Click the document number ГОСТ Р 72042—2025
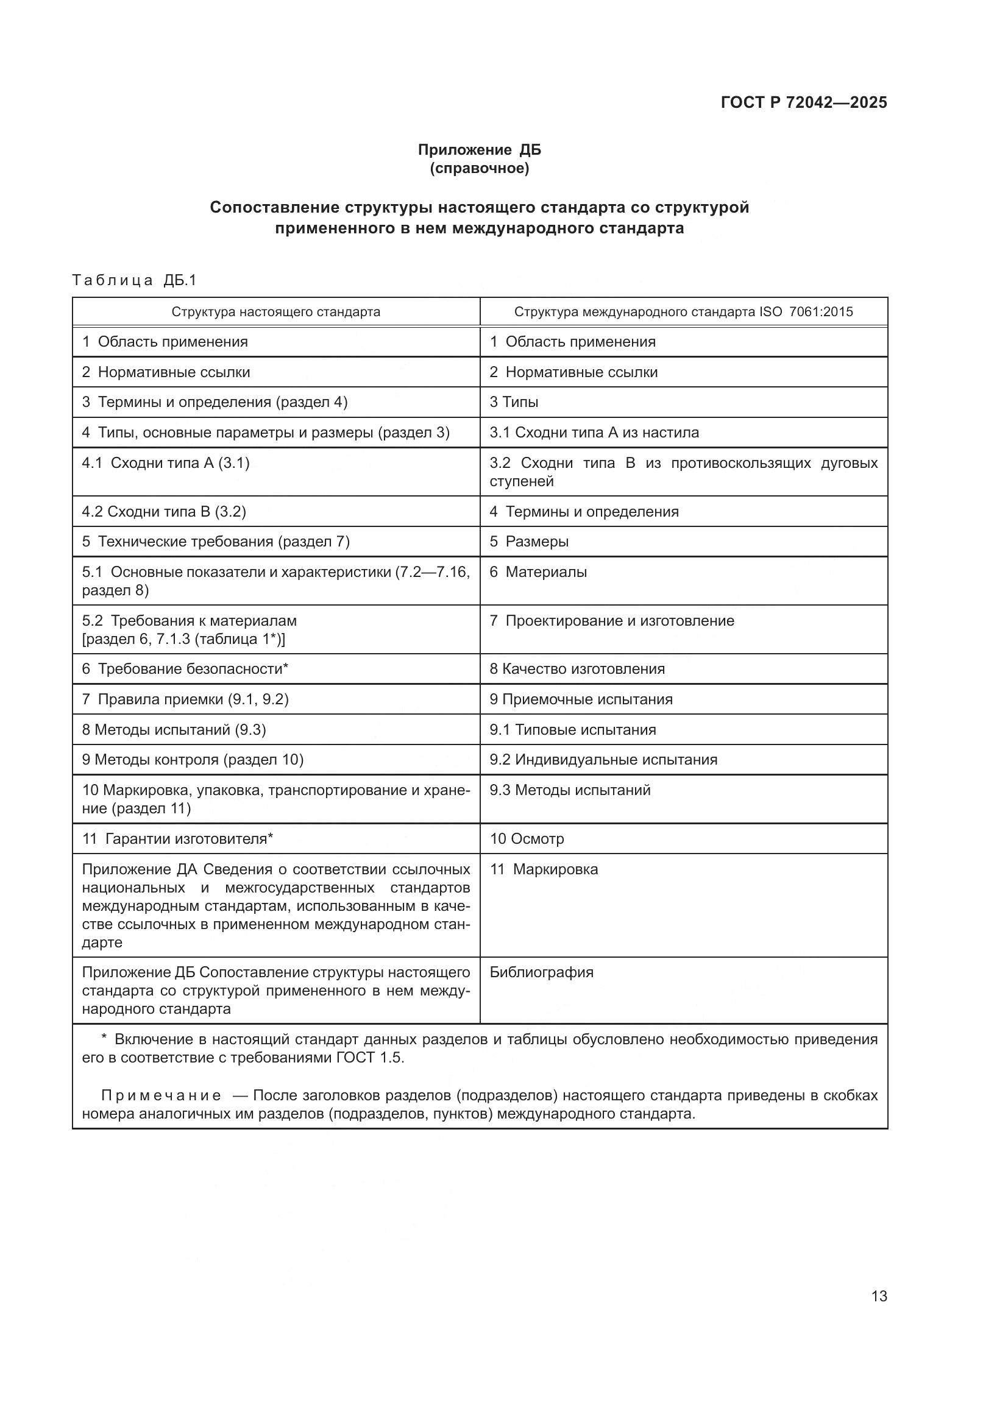coord(804,102)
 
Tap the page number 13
coord(879,1296)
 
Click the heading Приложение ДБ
coord(479,150)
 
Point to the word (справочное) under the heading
coord(479,168)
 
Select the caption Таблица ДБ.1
coord(134,280)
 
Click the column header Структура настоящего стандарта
coord(275,311)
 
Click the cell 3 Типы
coord(514,402)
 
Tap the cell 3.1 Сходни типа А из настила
coord(594,433)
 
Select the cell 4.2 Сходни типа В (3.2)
coord(164,511)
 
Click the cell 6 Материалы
coord(538,571)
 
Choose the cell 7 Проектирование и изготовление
coord(611,621)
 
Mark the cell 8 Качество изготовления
coord(577,669)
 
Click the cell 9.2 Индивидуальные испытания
coord(603,760)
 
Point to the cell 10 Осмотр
coord(527,839)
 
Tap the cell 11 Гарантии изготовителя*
coord(177,839)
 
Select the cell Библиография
coord(541,972)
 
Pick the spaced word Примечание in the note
coord(161,1095)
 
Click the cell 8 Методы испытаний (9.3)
coord(174,730)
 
